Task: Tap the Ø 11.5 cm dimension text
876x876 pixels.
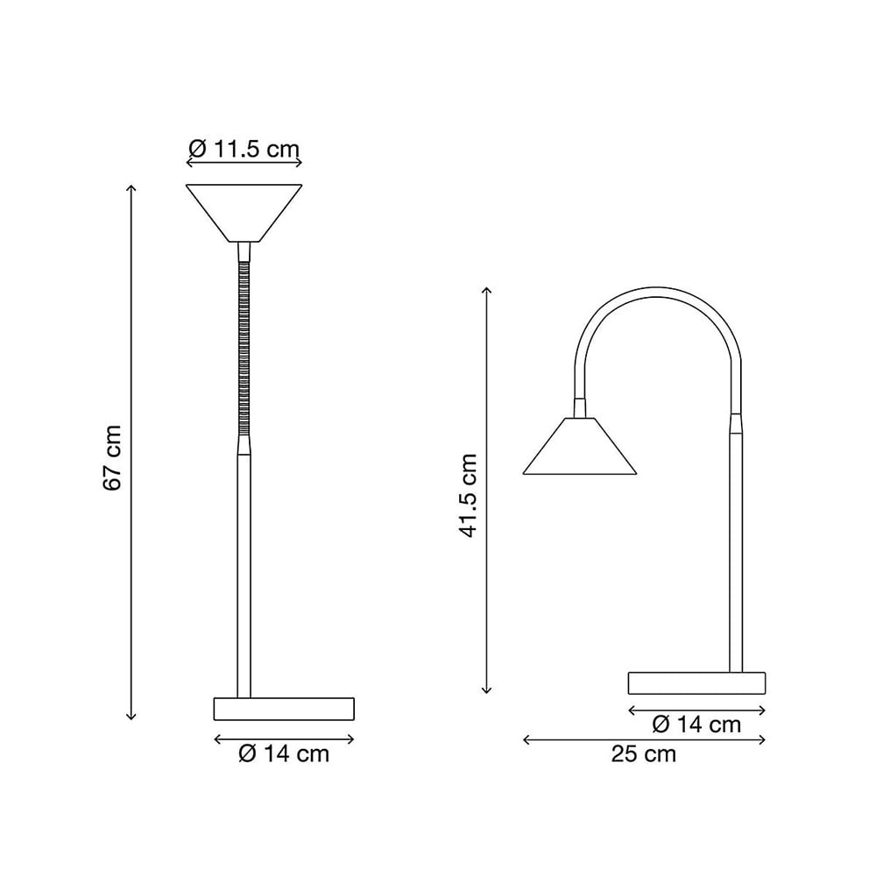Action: click(x=244, y=150)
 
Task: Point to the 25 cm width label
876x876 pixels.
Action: click(x=644, y=754)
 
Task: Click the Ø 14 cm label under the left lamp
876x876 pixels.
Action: click(x=285, y=754)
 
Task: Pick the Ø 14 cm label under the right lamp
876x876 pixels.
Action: click(x=697, y=724)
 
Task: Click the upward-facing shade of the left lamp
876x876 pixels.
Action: click(x=244, y=210)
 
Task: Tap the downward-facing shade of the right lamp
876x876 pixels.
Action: click(x=579, y=449)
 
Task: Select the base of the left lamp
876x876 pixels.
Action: click(x=285, y=709)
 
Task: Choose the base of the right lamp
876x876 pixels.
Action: click(x=696, y=683)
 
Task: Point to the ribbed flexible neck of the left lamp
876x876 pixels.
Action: click(x=244, y=350)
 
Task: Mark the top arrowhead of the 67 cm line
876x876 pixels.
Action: click(x=131, y=187)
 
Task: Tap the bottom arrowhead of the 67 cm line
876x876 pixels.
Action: click(x=131, y=717)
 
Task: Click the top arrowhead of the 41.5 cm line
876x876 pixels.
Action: click(x=487, y=290)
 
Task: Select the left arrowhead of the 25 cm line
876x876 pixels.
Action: click(x=526, y=740)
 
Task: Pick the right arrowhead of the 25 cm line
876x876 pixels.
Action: click(x=764, y=740)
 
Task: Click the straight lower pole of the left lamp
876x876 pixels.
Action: click(x=244, y=569)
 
